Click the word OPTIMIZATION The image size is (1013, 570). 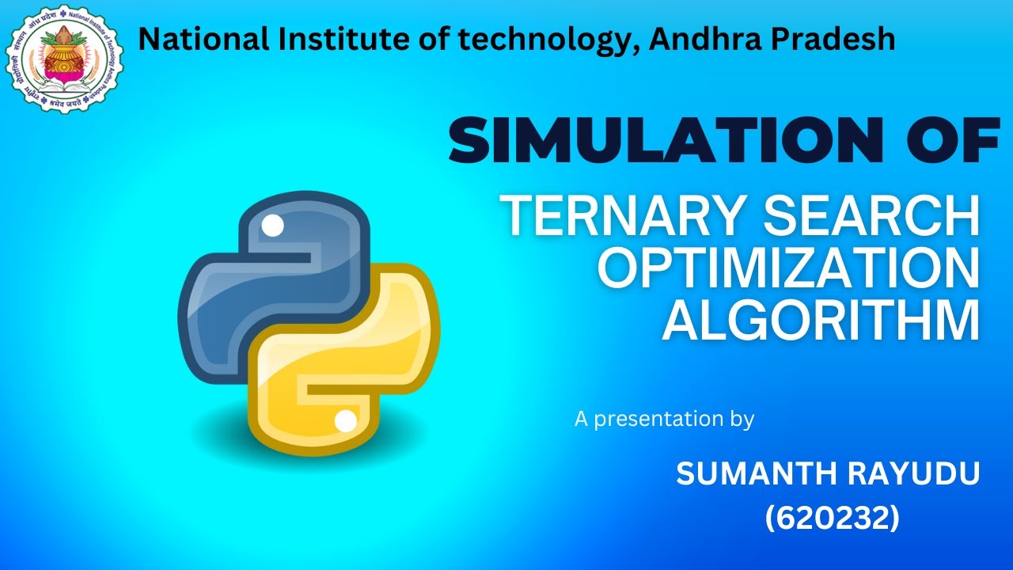tap(788, 268)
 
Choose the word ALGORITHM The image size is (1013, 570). tap(821, 321)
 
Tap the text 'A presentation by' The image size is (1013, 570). tap(664, 419)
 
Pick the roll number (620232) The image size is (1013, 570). tap(832, 519)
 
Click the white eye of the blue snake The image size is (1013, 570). tap(272, 226)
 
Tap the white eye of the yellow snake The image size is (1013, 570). tap(346, 421)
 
